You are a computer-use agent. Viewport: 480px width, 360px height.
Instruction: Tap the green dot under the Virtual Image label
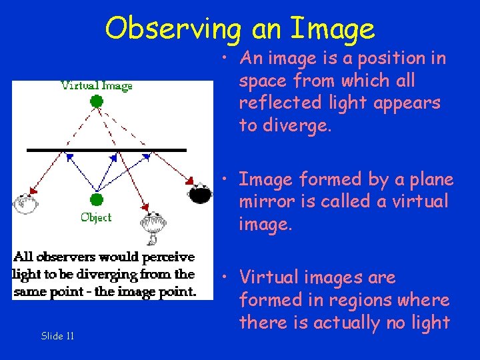pyautogui.click(x=97, y=101)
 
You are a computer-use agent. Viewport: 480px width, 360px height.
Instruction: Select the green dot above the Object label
pyautogui.click(x=97, y=199)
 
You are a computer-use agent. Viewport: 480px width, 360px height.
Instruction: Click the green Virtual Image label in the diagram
pyautogui.click(x=97, y=85)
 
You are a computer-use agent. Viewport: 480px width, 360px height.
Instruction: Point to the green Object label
pyautogui.click(x=96, y=217)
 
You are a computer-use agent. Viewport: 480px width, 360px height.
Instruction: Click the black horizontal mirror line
pyautogui.click(x=107, y=150)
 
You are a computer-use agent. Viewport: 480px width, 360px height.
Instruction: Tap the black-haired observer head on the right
pyautogui.click(x=200, y=193)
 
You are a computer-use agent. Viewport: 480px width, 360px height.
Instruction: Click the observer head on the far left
pyautogui.click(x=25, y=203)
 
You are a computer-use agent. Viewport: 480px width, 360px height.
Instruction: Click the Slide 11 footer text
pyautogui.click(x=57, y=336)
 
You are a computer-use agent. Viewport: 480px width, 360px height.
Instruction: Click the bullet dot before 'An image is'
pyautogui.click(x=227, y=59)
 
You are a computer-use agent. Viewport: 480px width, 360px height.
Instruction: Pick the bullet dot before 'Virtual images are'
pyautogui.click(x=227, y=278)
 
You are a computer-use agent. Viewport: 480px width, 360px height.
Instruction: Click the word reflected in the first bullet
pyautogui.click(x=273, y=103)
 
